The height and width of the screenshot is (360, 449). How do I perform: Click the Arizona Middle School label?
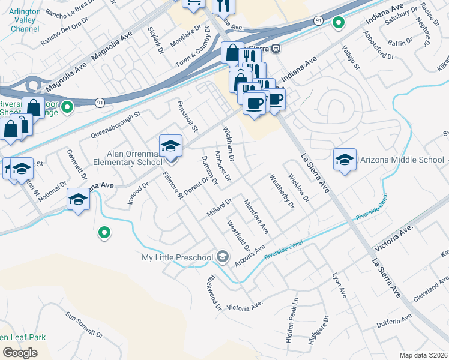coord(402,160)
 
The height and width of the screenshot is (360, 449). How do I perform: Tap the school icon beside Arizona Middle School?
coord(345,160)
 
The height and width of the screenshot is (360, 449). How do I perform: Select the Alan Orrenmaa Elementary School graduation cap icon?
coord(170,146)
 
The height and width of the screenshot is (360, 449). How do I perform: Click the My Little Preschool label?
coord(177,257)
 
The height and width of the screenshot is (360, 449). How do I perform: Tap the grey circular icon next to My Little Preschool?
coord(223,257)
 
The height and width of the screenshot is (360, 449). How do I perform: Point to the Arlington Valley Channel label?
coord(25,20)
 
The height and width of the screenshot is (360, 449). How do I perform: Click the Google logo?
coord(20,353)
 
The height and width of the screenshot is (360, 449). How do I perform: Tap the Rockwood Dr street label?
coord(214,293)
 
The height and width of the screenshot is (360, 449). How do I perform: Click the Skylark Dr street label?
coord(156,43)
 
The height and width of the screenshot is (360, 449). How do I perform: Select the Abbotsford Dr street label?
coord(379,44)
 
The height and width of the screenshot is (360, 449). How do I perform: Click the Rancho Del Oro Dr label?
coord(65,31)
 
